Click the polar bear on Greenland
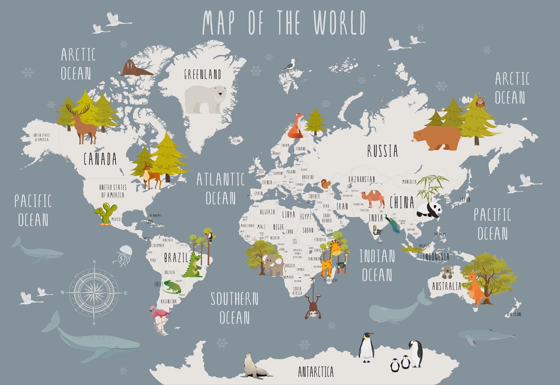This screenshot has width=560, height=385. tap(205, 98)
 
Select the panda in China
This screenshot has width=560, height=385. tap(429, 209)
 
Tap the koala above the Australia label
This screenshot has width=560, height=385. tap(447, 272)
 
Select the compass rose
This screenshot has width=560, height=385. tap(94, 293)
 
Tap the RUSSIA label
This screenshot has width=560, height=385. tap(382, 151)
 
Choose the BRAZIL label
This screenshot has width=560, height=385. tap(176, 258)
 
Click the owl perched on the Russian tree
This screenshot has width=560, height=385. tap(480, 102)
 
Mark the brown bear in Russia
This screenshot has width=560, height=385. tap(436, 137)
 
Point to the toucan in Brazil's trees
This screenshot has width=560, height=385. tap(210, 235)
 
